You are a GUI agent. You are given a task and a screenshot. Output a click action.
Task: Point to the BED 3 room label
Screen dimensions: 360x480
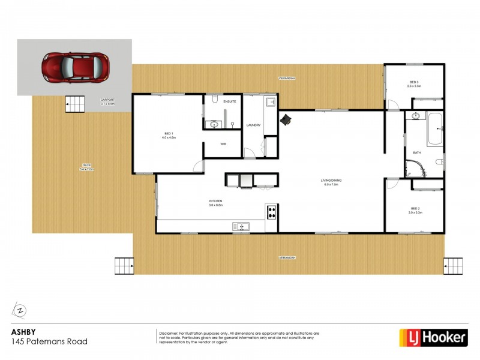point(414,83)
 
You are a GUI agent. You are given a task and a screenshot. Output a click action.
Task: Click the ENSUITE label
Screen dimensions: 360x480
point(230,102)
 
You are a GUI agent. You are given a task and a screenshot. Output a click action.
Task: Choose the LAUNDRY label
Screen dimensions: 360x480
point(253,125)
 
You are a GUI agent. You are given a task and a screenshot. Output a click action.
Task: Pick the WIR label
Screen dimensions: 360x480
point(223,144)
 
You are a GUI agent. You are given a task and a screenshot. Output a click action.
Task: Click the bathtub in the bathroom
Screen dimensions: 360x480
point(435,131)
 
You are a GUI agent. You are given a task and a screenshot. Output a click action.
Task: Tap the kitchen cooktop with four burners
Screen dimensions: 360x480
point(271,211)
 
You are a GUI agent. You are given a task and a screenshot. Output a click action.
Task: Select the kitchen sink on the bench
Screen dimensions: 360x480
point(243,226)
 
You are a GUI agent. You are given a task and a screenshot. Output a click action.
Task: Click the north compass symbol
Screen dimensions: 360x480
point(20,310)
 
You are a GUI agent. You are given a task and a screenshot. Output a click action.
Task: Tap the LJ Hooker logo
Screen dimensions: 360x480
point(433,337)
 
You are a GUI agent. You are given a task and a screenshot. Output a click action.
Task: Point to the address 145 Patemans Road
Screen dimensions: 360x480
point(50,341)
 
